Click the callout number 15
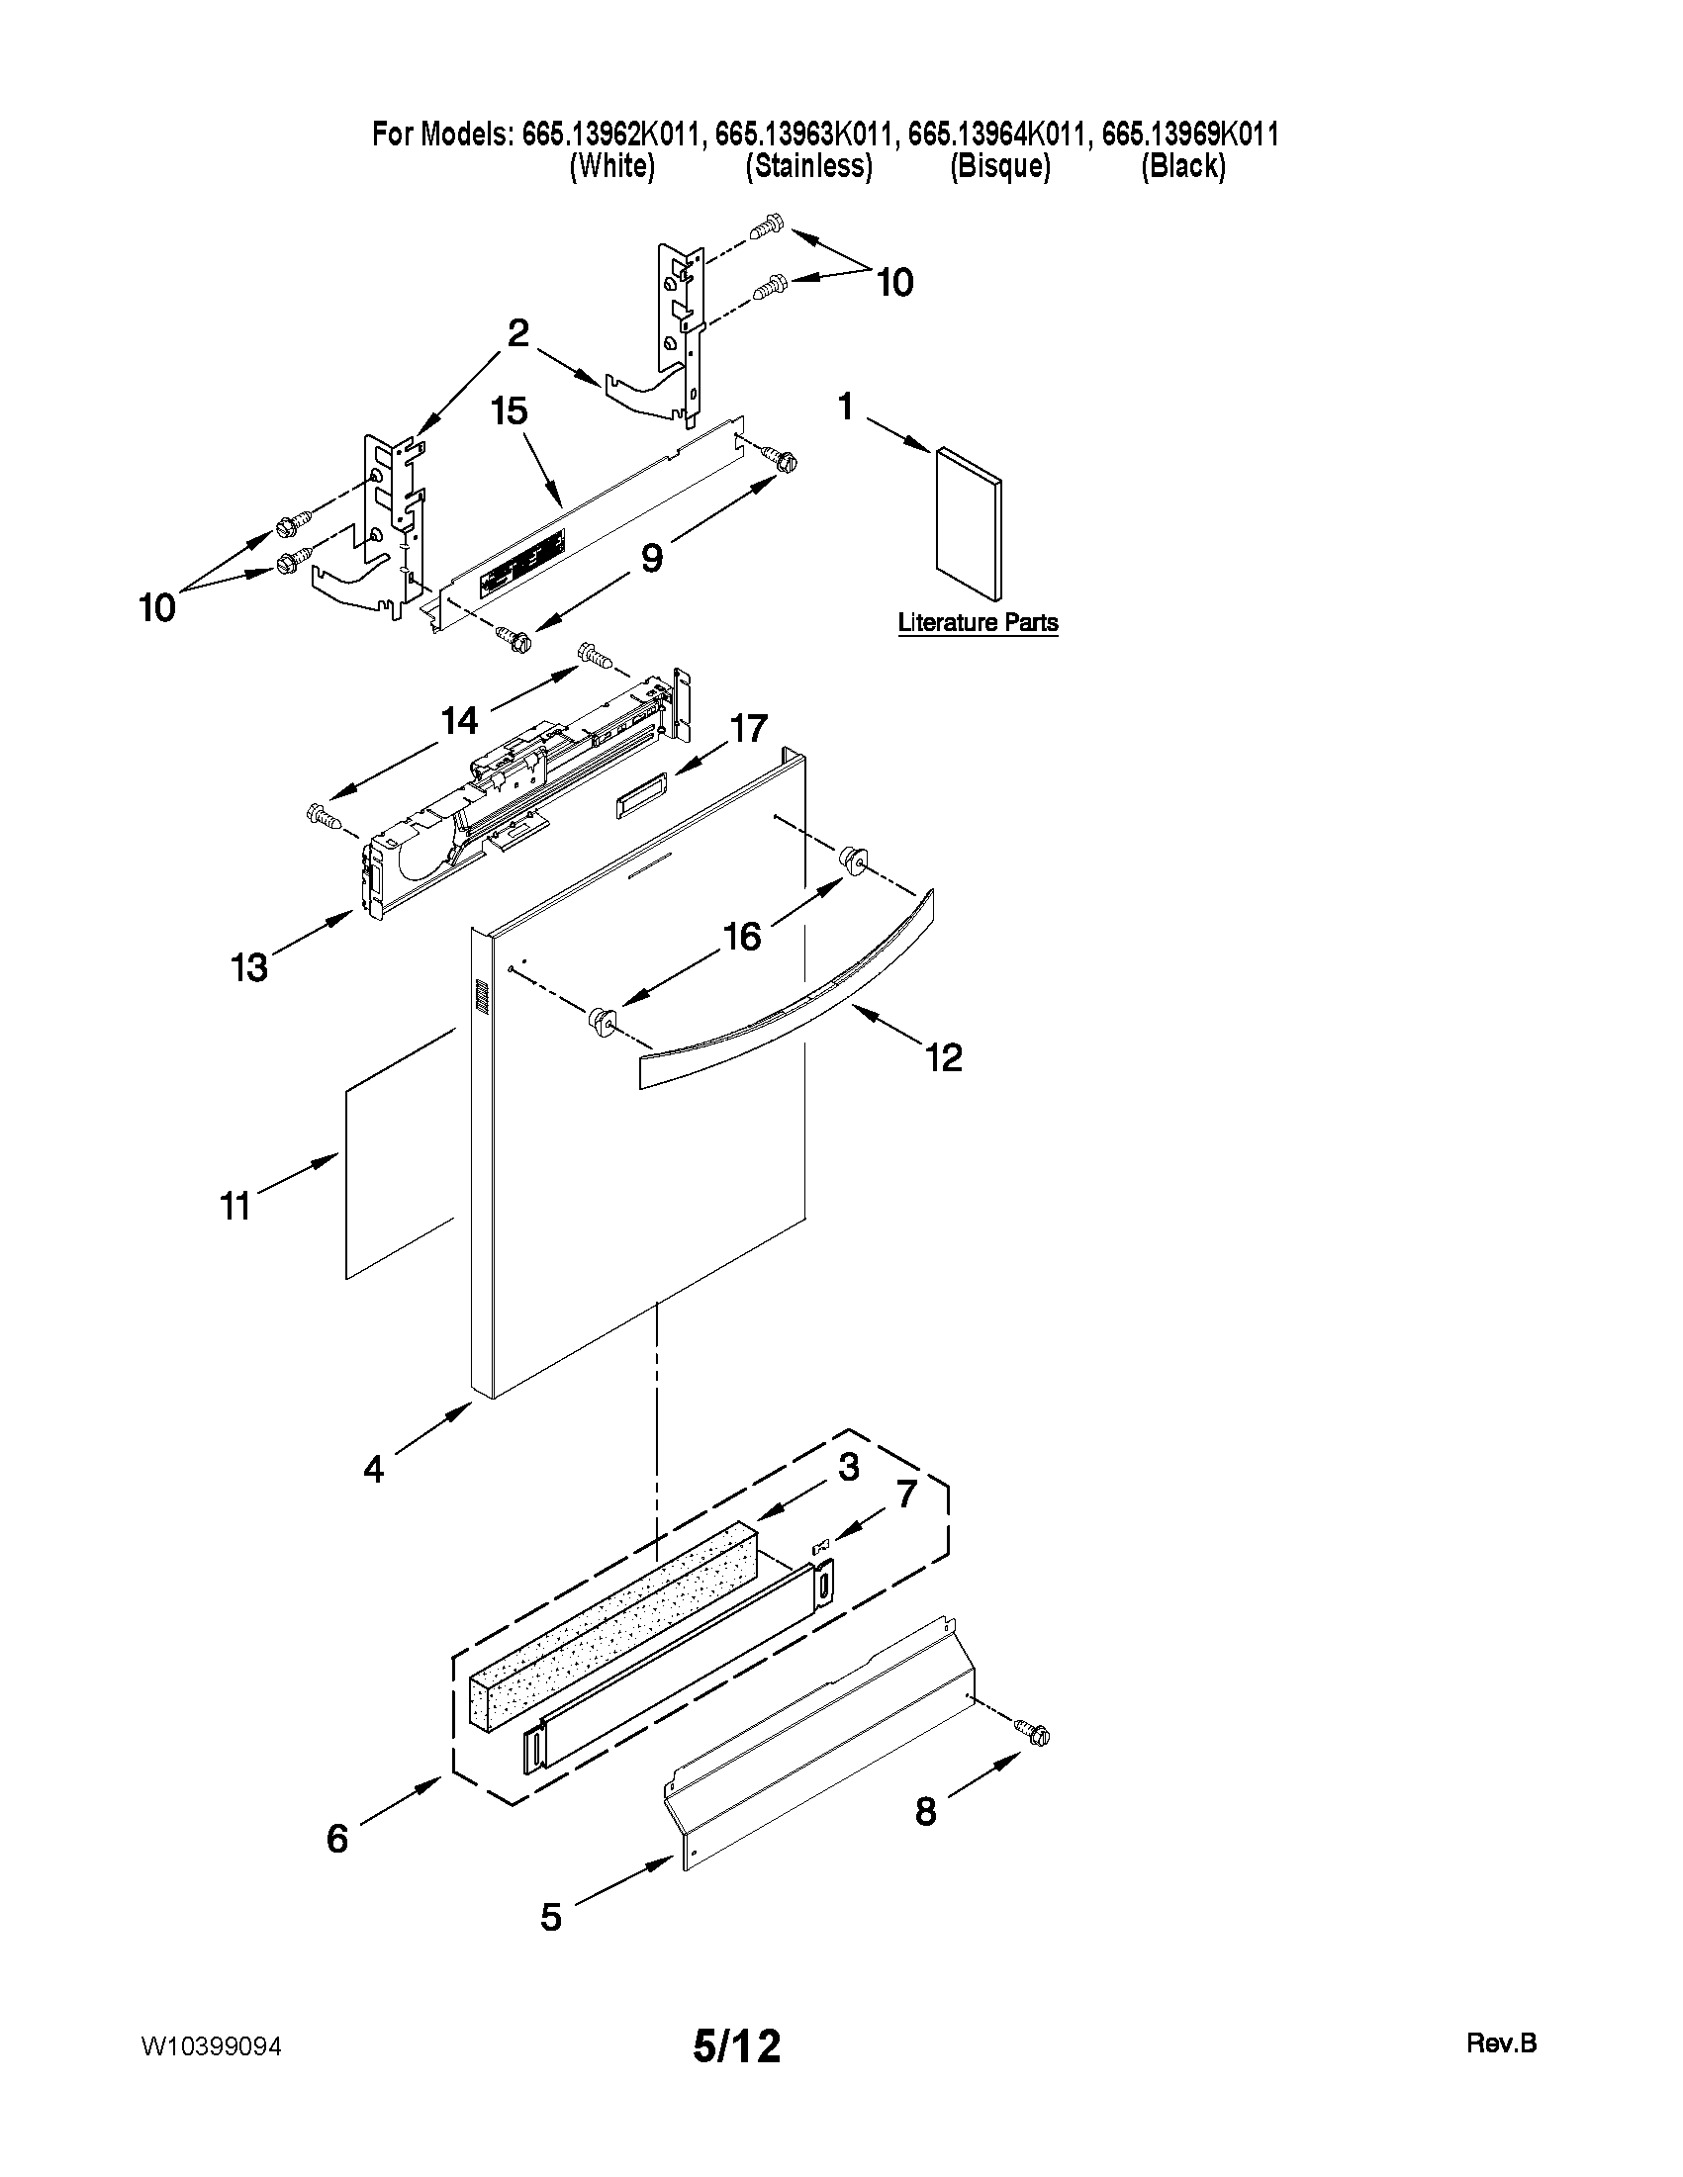click(510, 410)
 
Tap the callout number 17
click(748, 729)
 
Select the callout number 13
click(249, 967)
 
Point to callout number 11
click(235, 1206)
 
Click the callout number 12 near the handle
click(943, 1057)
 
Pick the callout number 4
click(373, 1468)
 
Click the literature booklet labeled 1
click(969, 526)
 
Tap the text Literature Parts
click(978, 623)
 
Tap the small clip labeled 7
click(821, 1546)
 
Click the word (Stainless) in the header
click(808, 166)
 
